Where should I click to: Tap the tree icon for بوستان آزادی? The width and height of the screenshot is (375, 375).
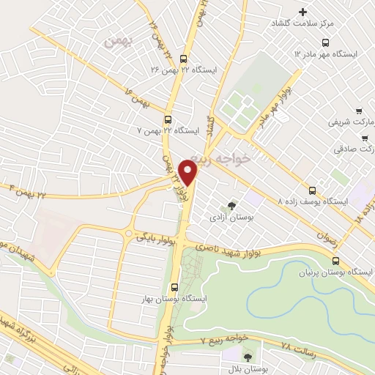(232, 206)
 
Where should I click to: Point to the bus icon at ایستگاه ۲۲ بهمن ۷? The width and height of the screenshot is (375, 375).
(168, 120)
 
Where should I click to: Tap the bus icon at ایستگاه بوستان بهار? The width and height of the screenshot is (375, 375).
(174, 287)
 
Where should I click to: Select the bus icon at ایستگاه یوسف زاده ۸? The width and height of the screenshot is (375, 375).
(313, 188)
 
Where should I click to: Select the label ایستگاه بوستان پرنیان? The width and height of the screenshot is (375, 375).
(335, 272)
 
